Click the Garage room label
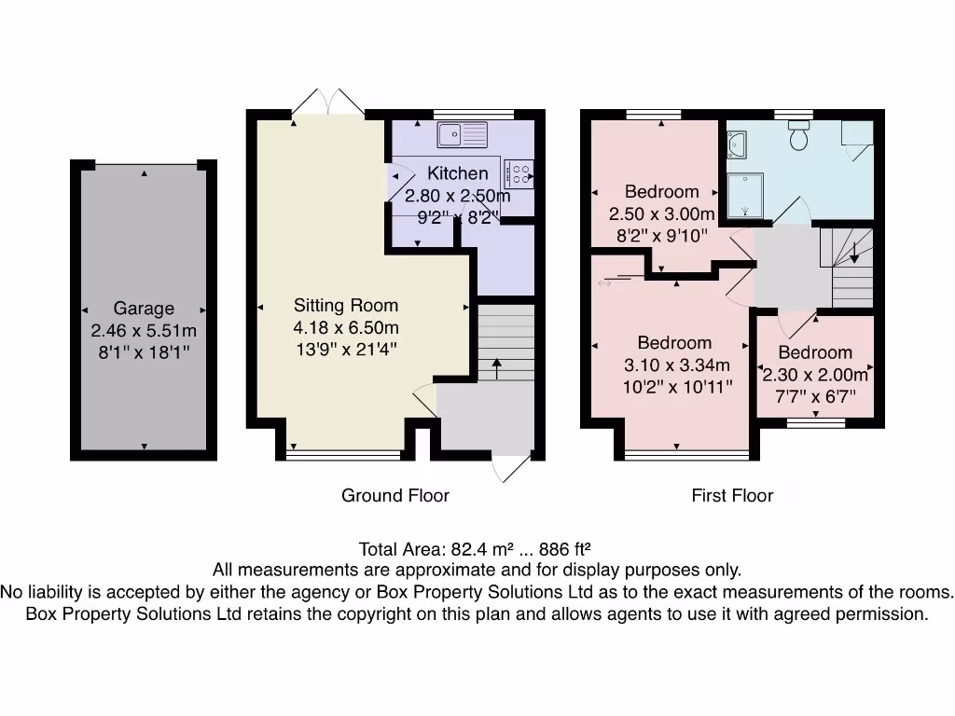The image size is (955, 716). (144, 309)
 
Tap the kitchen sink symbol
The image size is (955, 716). (462, 134)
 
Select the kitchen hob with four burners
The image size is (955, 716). (519, 172)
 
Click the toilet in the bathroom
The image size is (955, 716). (798, 138)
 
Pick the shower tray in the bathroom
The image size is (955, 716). (745, 194)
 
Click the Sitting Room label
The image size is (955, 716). (346, 305)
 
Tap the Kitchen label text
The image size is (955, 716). (457, 173)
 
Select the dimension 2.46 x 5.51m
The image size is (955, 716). (144, 331)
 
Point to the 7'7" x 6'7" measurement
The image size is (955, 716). (815, 397)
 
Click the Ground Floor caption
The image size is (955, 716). (394, 495)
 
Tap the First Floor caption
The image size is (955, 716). (732, 495)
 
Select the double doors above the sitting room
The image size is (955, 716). (325, 101)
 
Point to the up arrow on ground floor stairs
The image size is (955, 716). (496, 367)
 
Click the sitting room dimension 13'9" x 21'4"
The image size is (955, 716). (346, 350)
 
